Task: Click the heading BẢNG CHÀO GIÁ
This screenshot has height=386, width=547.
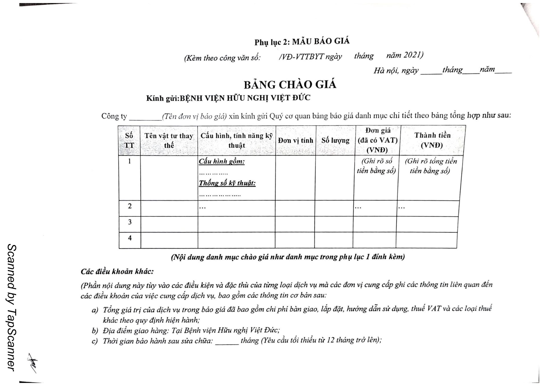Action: [x=290, y=85]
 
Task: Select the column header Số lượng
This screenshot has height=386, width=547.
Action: [x=335, y=140]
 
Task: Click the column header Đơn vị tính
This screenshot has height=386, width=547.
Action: [x=295, y=140]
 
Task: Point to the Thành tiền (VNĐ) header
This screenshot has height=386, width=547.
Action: [x=432, y=140]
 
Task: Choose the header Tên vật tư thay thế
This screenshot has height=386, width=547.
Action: [x=169, y=140]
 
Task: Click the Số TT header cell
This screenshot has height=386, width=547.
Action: [x=129, y=140]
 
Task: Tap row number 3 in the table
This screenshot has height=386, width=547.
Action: [x=130, y=222]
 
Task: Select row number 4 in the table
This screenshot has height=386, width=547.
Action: [x=130, y=238]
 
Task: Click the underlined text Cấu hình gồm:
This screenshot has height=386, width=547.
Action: [x=222, y=162]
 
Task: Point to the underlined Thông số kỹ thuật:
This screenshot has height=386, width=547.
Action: [x=227, y=183]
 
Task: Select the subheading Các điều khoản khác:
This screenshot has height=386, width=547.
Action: [x=117, y=272]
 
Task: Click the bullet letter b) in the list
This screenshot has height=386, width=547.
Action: [x=95, y=330]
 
